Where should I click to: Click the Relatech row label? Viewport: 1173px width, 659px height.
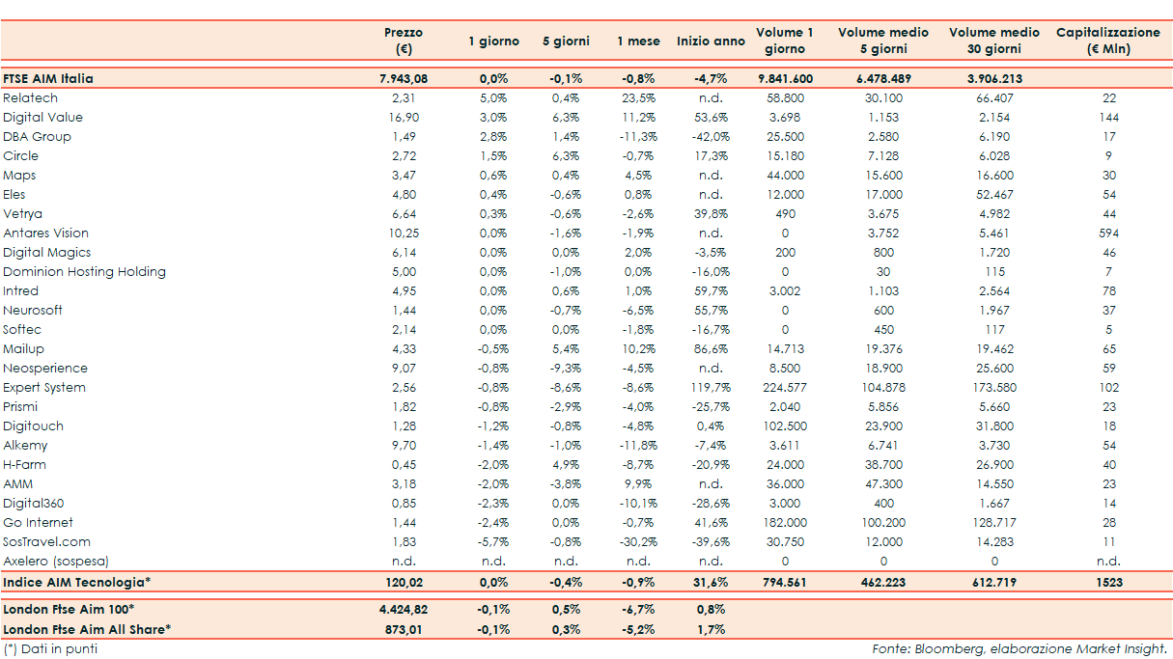31,98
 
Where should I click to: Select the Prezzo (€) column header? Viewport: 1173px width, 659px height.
403,41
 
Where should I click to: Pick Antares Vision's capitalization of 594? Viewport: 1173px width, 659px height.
1108,233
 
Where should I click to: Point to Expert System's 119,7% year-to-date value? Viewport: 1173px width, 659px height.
710,388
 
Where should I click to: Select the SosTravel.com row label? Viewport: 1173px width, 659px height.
47,542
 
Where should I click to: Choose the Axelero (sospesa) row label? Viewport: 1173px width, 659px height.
56,562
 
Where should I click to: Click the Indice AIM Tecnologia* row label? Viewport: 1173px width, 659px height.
77,583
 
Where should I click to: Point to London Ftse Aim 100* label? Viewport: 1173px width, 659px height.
69,610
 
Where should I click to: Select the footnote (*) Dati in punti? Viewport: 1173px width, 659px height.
50,649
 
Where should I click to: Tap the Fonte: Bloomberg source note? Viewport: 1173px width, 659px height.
1019,649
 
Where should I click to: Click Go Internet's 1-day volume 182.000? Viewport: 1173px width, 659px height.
784,523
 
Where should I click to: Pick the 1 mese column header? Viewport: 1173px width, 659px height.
638,41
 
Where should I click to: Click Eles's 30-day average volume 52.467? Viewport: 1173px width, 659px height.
992,195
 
